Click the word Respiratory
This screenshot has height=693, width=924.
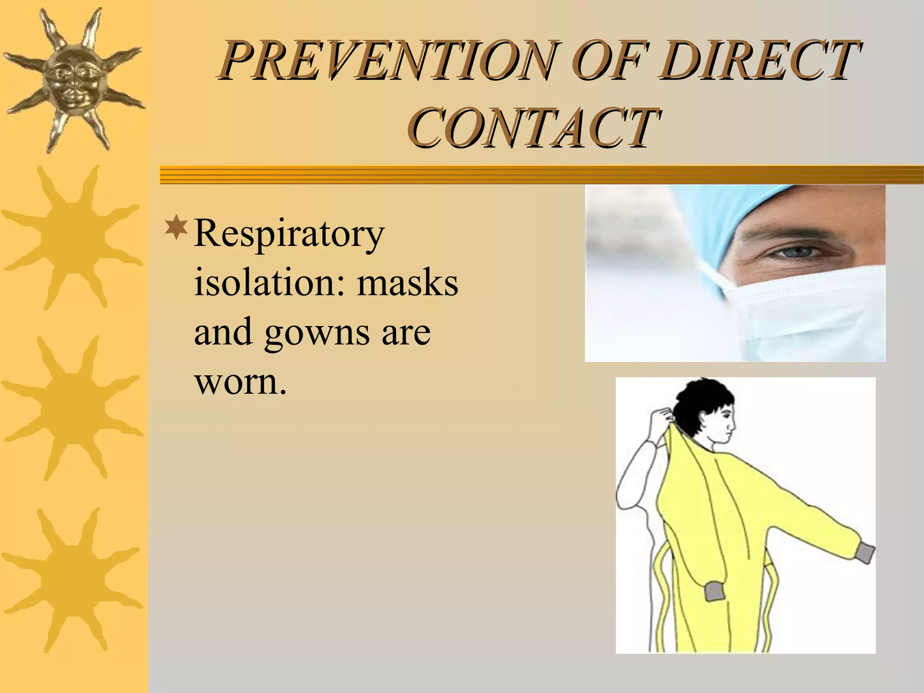tap(289, 235)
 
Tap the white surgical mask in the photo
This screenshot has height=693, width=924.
tap(812, 311)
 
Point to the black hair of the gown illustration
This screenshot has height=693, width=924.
tap(704, 402)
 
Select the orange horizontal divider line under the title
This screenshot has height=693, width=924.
tap(541, 175)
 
